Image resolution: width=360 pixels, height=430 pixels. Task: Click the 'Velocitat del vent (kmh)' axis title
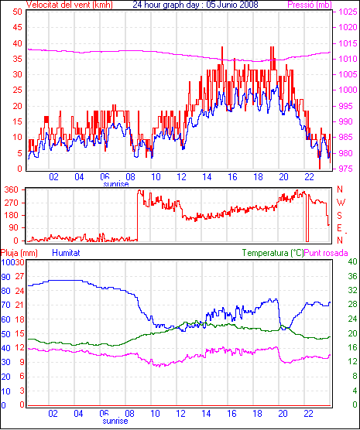[x=70, y=5]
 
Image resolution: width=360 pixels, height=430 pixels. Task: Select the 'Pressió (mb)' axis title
[x=310, y=5]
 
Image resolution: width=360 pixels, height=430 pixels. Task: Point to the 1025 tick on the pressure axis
[x=348, y=12]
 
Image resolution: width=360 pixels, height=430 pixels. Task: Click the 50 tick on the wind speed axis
[x=17, y=12]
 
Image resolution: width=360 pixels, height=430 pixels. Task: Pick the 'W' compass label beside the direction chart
[x=341, y=203]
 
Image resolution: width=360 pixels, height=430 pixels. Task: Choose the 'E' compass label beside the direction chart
[x=339, y=228]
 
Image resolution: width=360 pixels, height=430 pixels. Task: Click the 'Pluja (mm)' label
[x=19, y=253]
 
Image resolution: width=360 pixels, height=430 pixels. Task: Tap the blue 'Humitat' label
[x=66, y=253]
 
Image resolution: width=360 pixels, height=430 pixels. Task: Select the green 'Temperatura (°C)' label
[x=273, y=253]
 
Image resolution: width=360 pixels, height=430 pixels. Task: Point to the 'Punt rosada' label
[x=326, y=253]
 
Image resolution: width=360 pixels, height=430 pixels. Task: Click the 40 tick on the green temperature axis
[x=352, y=261]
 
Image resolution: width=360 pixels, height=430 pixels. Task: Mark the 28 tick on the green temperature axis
[x=352, y=305]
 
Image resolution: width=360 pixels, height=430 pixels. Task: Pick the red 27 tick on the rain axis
[x=19, y=276]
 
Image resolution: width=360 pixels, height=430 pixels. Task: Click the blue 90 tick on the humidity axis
[x=5, y=277]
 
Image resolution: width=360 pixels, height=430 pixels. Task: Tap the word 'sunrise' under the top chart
[x=116, y=184]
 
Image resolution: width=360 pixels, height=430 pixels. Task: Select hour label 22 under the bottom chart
[x=309, y=413]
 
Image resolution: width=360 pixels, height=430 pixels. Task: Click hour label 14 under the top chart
[x=207, y=177]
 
